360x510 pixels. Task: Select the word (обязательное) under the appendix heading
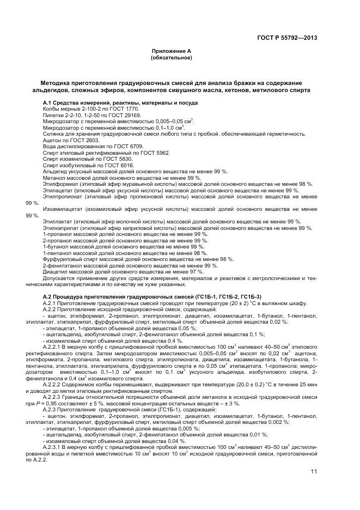tap(172, 57)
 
